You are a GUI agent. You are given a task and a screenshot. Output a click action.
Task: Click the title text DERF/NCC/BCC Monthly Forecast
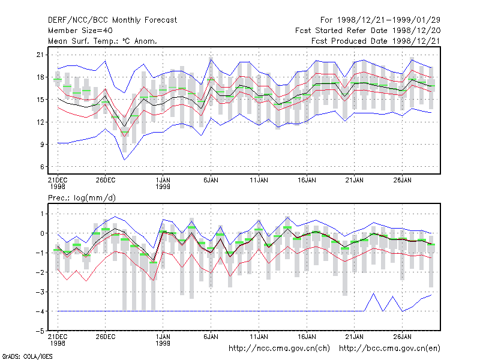coord(112,20)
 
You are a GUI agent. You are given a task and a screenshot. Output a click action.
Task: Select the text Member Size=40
coord(80,31)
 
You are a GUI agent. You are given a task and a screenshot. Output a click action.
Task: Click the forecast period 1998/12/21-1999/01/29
coord(380,20)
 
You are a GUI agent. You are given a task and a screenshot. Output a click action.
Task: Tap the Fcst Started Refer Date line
coord(368,31)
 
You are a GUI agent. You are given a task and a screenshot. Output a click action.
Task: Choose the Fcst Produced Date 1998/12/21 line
coord(376,41)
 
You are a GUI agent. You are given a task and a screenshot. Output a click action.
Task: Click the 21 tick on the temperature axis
coord(40,55)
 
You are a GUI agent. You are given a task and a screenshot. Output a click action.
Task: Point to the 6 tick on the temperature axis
coord(42,167)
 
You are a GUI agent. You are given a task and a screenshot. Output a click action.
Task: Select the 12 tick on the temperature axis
coord(40,122)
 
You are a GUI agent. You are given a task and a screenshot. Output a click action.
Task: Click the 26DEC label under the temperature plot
coord(106,180)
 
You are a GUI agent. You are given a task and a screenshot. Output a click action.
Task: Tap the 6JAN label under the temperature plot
coord(211,180)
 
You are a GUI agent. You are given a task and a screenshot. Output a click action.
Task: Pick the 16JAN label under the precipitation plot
coord(307,337)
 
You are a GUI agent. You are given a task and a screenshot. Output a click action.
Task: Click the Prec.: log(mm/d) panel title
coord(82,198)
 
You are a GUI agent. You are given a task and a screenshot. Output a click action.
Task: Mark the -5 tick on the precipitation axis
coord(40,331)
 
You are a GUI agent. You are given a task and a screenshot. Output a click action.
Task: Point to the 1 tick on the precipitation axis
coord(42,214)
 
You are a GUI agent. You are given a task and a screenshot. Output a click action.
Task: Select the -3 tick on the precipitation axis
coord(40,292)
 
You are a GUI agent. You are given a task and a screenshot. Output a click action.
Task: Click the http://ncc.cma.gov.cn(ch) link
coord(279,349)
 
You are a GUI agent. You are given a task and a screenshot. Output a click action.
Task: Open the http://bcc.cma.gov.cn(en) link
coord(389,349)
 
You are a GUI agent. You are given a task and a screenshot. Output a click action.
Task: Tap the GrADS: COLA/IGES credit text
coord(27,356)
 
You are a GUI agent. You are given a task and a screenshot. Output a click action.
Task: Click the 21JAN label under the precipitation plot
coord(355,337)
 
